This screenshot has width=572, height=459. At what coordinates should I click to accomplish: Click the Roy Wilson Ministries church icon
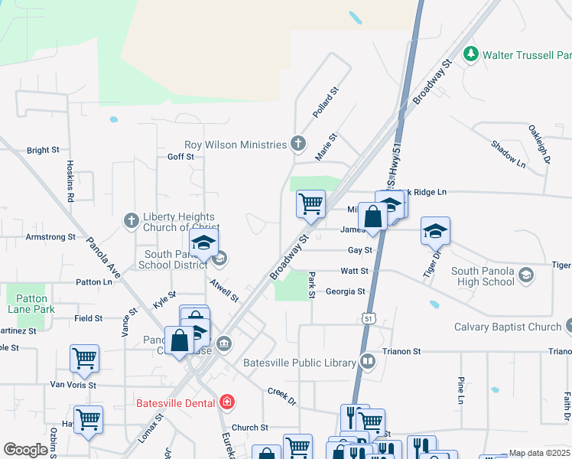(298, 144)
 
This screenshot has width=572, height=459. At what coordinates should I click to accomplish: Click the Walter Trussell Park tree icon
(472, 54)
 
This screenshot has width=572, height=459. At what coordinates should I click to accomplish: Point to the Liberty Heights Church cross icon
(131, 222)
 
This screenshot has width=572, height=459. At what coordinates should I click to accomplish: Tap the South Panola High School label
(483, 276)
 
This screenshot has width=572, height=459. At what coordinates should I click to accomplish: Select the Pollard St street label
(325, 103)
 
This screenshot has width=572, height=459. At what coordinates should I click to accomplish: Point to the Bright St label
(43, 151)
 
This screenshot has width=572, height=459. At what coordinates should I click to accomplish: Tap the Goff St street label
(180, 156)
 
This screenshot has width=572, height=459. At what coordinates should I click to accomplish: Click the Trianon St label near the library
(406, 351)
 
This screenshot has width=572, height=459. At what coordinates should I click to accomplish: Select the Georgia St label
(345, 291)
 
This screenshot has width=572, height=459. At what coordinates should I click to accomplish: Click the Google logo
(26, 450)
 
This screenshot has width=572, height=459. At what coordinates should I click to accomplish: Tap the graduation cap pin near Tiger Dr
(435, 230)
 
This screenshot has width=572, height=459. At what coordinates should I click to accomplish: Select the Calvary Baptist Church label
(508, 327)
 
